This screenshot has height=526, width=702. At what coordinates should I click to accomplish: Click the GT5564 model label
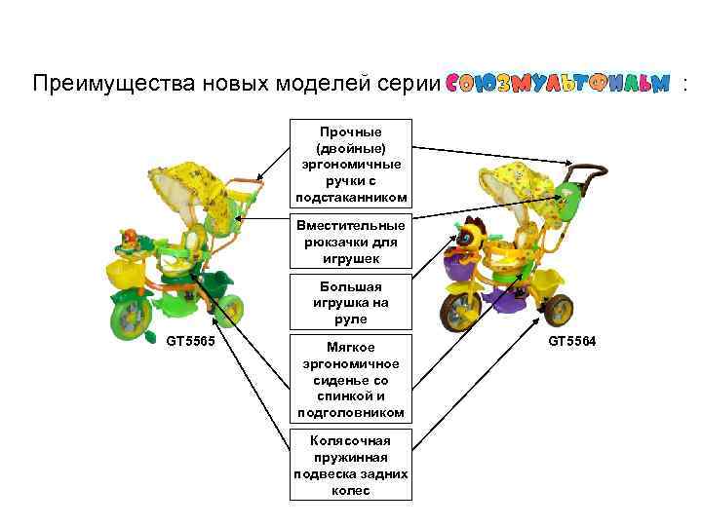pos(572,342)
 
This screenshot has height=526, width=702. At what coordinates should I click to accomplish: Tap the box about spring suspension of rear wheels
pos(351,466)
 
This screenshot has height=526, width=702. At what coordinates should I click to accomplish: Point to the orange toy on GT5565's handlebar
pos(129,239)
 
